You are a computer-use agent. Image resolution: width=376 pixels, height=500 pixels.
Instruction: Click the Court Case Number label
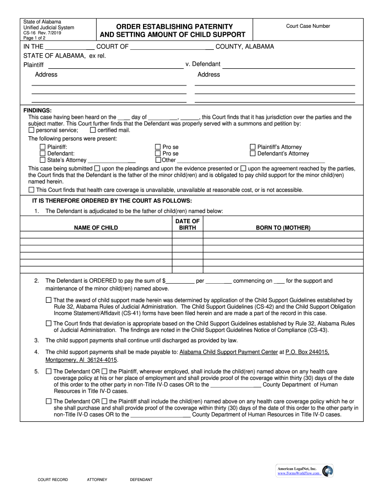(x=308, y=26)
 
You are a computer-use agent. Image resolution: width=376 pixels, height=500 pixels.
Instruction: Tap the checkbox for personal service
(x=32, y=130)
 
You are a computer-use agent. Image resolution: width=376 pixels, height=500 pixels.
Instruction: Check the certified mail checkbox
(x=93, y=130)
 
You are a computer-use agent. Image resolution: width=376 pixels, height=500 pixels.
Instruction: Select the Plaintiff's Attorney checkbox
(x=253, y=147)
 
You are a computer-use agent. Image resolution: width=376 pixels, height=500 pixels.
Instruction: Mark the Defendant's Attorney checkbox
(x=253, y=153)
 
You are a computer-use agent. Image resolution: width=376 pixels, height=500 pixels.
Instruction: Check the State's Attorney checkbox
(x=42, y=160)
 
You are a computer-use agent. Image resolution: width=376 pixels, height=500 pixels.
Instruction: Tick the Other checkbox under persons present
(x=158, y=160)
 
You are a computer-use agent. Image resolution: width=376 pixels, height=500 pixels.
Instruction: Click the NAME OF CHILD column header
(x=96, y=228)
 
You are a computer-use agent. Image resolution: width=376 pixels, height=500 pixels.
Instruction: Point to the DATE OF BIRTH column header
(x=187, y=225)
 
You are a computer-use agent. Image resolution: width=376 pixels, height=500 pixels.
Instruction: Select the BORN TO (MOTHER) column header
(x=283, y=228)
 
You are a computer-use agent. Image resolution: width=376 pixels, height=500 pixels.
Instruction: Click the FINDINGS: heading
(x=38, y=111)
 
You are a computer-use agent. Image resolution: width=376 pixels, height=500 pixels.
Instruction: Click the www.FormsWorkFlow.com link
(x=298, y=473)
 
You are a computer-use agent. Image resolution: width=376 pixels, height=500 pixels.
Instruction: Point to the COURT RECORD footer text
(x=53, y=479)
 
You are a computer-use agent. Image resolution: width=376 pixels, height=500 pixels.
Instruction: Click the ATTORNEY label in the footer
(x=97, y=479)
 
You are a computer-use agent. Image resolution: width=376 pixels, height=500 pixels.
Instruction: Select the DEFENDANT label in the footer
(x=141, y=479)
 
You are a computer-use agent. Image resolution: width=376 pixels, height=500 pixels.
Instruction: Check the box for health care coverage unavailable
(x=32, y=189)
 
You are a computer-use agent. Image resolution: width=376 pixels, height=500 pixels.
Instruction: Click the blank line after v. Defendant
(x=288, y=65)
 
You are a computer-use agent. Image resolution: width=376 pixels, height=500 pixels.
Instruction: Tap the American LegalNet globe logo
(x=327, y=471)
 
